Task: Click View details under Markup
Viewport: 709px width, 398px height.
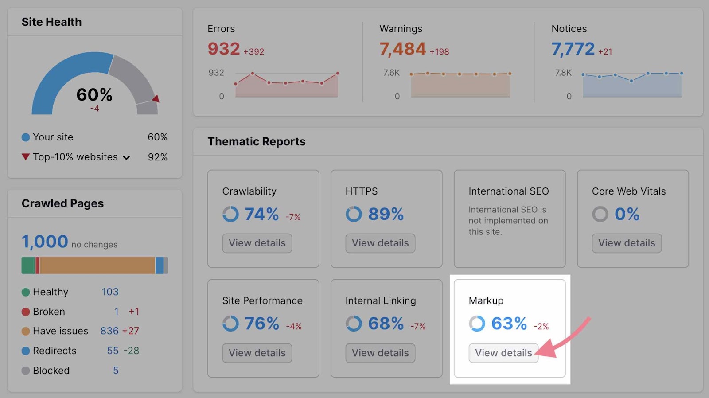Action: pyautogui.click(x=503, y=353)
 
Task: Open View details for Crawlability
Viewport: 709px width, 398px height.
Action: pyautogui.click(x=257, y=243)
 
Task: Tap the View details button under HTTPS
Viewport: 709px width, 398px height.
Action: pyautogui.click(x=380, y=243)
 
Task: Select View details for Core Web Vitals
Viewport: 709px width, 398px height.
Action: pyautogui.click(x=627, y=243)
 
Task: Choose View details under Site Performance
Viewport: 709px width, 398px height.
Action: pyautogui.click(x=257, y=353)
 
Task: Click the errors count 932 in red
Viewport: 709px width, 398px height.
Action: pyautogui.click(x=224, y=49)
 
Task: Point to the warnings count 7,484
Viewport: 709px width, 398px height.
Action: pyautogui.click(x=402, y=49)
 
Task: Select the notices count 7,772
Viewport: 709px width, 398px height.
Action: pyautogui.click(x=573, y=49)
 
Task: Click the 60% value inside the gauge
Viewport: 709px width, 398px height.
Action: pyautogui.click(x=94, y=94)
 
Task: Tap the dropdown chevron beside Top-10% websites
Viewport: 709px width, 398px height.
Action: pyautogui.click(x=126, y=157)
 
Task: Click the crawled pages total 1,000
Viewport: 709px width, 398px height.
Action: pyautogui.click(x=45, y=242)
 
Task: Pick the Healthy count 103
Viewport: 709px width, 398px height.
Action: pyautogui.click(x=110, y=292)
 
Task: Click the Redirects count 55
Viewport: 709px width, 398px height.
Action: pyautogui.click(x=113, y=351)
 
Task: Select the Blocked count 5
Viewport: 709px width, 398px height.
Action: pyautogui.click(x=116, y=370)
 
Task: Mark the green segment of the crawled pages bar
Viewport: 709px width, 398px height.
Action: pyautogui.click(x=28, y=265)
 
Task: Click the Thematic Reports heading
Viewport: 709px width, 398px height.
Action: pyautogui.click(x=257, y=141)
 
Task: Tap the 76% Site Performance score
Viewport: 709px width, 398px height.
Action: pyautogui.click(x=262, y=324)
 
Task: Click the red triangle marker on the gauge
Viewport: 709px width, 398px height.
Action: pyautogui.click(x=156, y=98)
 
